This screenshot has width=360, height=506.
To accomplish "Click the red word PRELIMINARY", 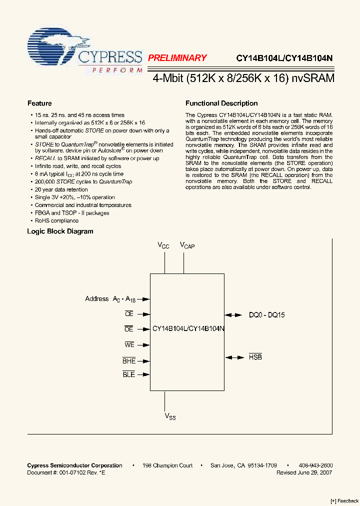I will [x=177, y=58].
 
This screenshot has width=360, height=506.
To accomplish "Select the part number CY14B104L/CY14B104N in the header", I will [x=284, y=58].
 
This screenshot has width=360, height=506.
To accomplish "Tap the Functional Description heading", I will [x=221, y=103].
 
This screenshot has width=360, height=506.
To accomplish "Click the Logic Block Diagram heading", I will [x=60, y=231].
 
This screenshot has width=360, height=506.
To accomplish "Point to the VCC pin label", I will [x=163, y=245].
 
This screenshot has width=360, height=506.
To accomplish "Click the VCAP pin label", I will [x=187, y=245].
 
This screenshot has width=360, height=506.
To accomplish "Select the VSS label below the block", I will [x=170, y=416].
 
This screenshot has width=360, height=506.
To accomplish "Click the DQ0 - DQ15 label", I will [x=267, y=315].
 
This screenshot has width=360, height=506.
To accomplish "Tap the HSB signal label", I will [x=255, y=357].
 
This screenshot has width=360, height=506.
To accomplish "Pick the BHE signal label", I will [x=129, y=360].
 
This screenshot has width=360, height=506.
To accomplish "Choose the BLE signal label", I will [x=129, y=374].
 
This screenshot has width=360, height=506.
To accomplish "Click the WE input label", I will [x=129, y=344].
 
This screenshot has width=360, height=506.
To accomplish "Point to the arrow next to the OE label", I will [x=144, y=329].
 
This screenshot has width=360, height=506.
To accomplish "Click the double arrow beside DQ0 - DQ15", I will [x=232, y=315].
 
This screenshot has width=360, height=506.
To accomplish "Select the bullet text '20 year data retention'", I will [x=61, y=189].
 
